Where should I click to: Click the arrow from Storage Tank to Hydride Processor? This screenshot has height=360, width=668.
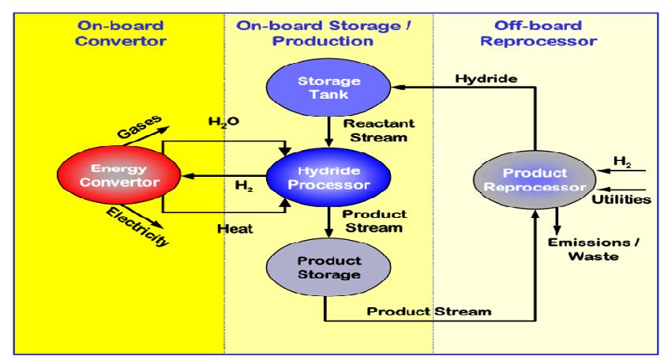[326, 127]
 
